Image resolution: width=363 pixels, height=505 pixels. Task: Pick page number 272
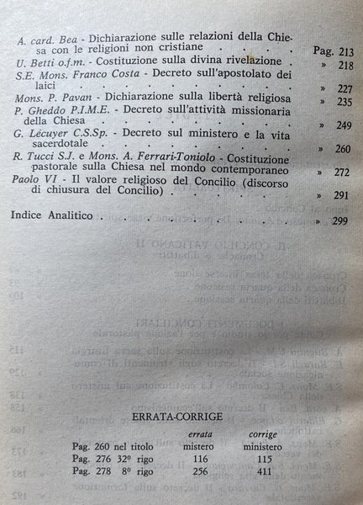point(339,194)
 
